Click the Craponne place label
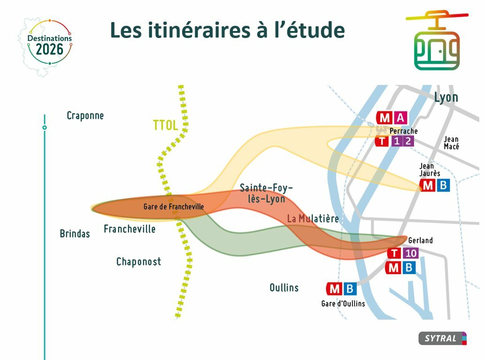(x=85, y=116)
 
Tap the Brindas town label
(x=75, y=233)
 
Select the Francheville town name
(x=130, y=229)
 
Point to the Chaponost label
(x=138, y=262)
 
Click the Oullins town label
(x=284, y=287)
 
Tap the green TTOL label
(x=166, y=125)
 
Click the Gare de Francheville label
(x=174, y=207)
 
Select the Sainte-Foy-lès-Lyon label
(x=266, y=193)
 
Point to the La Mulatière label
(x=313, y=219)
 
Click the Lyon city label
(x=446, y=98)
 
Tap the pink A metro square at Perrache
(x=400, y=118)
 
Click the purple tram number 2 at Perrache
(x=408, y=141)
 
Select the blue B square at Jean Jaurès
(x=443, y=185)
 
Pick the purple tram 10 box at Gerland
(x=411, y=253)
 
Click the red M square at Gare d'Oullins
(x=334, y=289)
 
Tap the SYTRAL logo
(x=442, y=338)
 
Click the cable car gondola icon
(x=437, y=40)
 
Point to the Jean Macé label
(x=451, y=143)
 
